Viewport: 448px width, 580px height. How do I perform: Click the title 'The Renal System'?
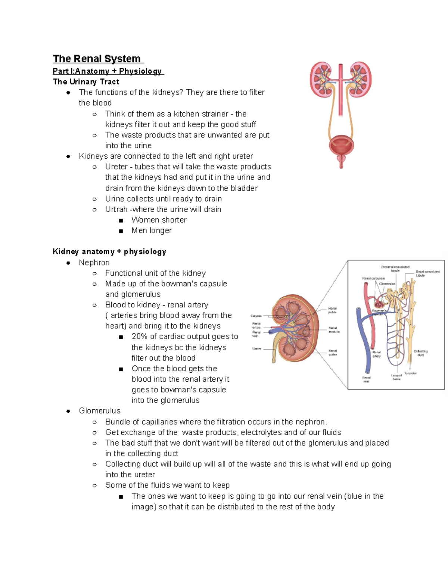(x=97, y=59)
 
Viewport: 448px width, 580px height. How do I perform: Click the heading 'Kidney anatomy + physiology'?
(x=109, y=252)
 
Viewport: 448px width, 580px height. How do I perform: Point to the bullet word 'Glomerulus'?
(x=99, y=411)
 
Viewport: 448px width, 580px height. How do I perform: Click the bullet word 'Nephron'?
(x=94, y=263)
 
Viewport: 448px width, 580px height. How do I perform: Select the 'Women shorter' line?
(x=159, y=220)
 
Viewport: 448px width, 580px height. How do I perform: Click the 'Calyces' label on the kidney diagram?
(x=256, y=316)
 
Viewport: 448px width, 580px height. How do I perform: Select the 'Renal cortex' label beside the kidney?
(x=332, y=353)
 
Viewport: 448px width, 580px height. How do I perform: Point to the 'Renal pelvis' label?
(x=332, y=310)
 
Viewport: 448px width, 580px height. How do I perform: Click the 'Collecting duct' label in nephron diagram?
(x=420, y=353)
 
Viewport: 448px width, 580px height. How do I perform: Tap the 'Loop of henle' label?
(x=396, y=377)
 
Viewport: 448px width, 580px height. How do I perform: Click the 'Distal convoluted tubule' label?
(x=427, y=273)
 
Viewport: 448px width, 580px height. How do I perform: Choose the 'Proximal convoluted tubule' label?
(x=395, y=269)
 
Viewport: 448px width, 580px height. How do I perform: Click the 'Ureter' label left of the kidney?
(x=256, y=348)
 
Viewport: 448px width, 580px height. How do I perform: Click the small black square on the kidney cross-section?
(x=304, y=332)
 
